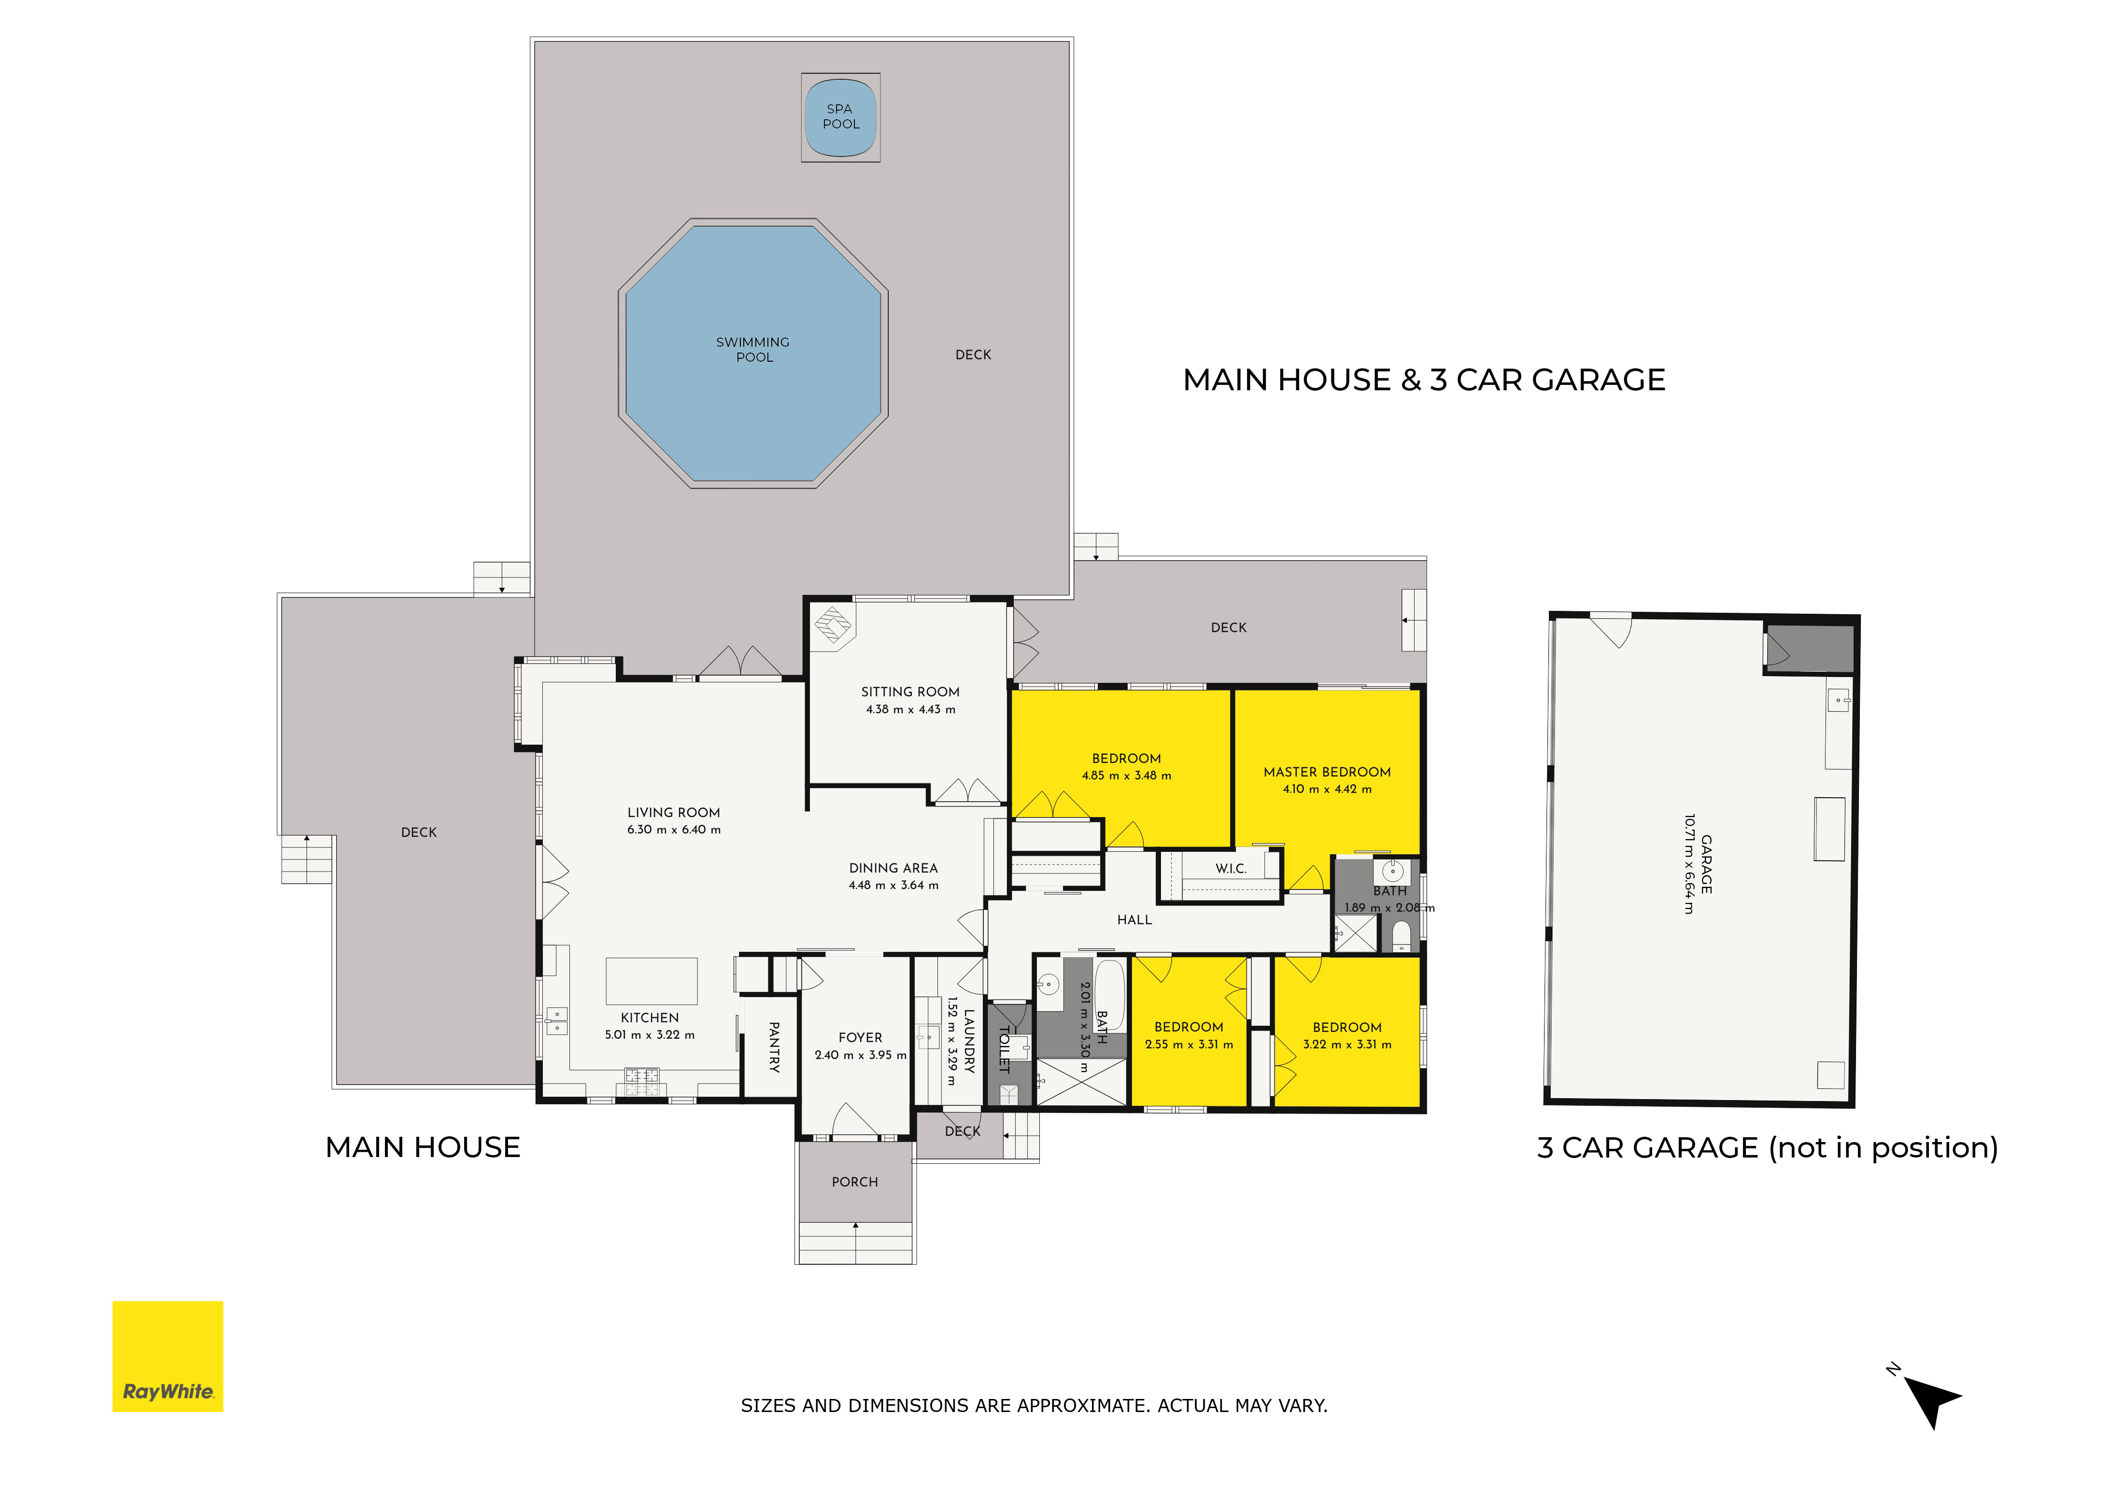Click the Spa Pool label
tap(840, 116)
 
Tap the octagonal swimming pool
tap(753, 353)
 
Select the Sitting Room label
tap(910, 692)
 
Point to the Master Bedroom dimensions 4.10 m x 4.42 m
tap(1327, 789)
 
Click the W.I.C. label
tap(1231, 869)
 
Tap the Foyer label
tap(860, 1038)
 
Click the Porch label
tap(854, 1183)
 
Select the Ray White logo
tap(168, 1356)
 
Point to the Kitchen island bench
tap(652, 981)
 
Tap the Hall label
tap(1134, 919)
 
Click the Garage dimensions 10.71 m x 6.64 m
tap(1689, 864)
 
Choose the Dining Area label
tap(893, 868)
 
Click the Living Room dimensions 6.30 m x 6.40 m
tap(674, 830)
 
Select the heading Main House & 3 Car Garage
tap(1423, 380)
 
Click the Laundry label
tap(969, 1041)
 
